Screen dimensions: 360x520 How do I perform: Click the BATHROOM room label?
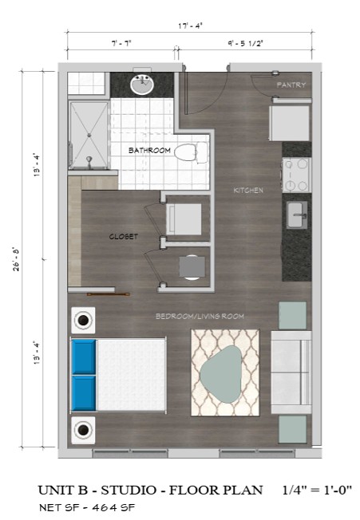(x=149, y=151)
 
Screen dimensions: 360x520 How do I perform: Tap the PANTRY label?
(x=291, y=85)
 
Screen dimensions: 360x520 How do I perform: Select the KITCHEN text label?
(x=248, y=191)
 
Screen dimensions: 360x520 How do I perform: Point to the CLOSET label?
(x=124, y=236)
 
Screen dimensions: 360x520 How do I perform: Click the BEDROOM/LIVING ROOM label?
(x=200, y=317)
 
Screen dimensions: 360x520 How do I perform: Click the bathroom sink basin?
(x=142, y=85)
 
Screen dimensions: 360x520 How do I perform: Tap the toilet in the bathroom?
(x=191, y=152)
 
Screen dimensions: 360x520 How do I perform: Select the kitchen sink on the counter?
(x=297, y=215)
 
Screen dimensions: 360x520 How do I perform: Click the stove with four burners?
(x=297, y=175)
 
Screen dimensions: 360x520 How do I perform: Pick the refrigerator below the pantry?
(x=290, y=123)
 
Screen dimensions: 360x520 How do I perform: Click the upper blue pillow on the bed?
(x=84, y=357)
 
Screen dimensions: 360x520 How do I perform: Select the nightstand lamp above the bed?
(x=83, y=321)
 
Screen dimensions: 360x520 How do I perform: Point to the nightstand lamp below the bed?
(x=83, y=430)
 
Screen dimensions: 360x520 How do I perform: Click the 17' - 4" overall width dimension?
(x=190, y=26)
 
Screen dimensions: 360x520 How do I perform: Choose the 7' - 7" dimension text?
(x=121, y=43)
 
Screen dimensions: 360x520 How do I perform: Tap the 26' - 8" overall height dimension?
(x=16, y=259)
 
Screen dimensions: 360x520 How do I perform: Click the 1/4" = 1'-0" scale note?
(x=317, y=490)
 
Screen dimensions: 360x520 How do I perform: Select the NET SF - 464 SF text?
(x=87, y=507)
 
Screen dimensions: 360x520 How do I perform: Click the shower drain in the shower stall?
(x=89, y=135)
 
